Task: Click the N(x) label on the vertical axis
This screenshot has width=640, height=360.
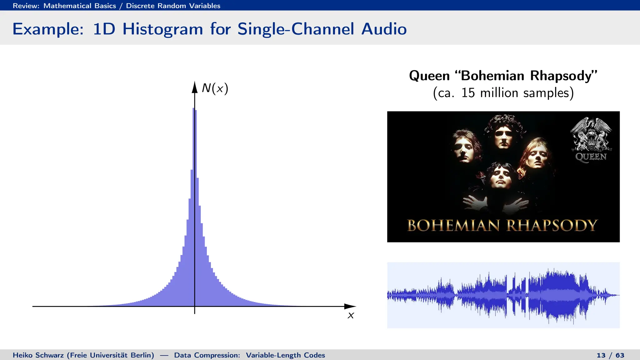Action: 215,88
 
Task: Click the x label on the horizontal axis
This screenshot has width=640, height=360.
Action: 351,316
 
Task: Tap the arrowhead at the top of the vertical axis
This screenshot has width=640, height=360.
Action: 195,87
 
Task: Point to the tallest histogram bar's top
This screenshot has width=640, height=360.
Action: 194,109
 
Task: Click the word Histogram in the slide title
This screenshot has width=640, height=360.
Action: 162,29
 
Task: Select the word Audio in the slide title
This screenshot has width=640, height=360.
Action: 384,29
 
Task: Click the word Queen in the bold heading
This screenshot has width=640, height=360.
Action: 429,76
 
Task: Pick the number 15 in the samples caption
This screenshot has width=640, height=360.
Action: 468,93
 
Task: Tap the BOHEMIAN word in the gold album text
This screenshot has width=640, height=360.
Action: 453,226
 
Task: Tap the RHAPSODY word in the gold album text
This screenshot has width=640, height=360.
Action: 552,226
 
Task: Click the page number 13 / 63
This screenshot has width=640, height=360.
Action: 610,355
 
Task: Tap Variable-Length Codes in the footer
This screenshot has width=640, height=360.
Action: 285,355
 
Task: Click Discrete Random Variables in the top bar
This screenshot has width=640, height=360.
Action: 173,6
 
